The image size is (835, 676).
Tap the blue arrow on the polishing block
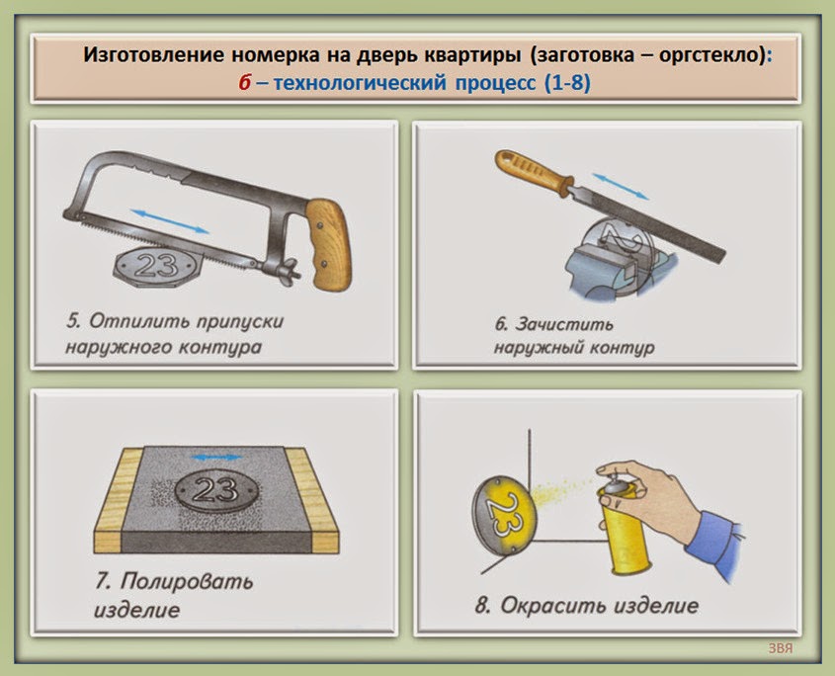214,458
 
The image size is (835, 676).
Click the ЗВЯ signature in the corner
781,649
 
